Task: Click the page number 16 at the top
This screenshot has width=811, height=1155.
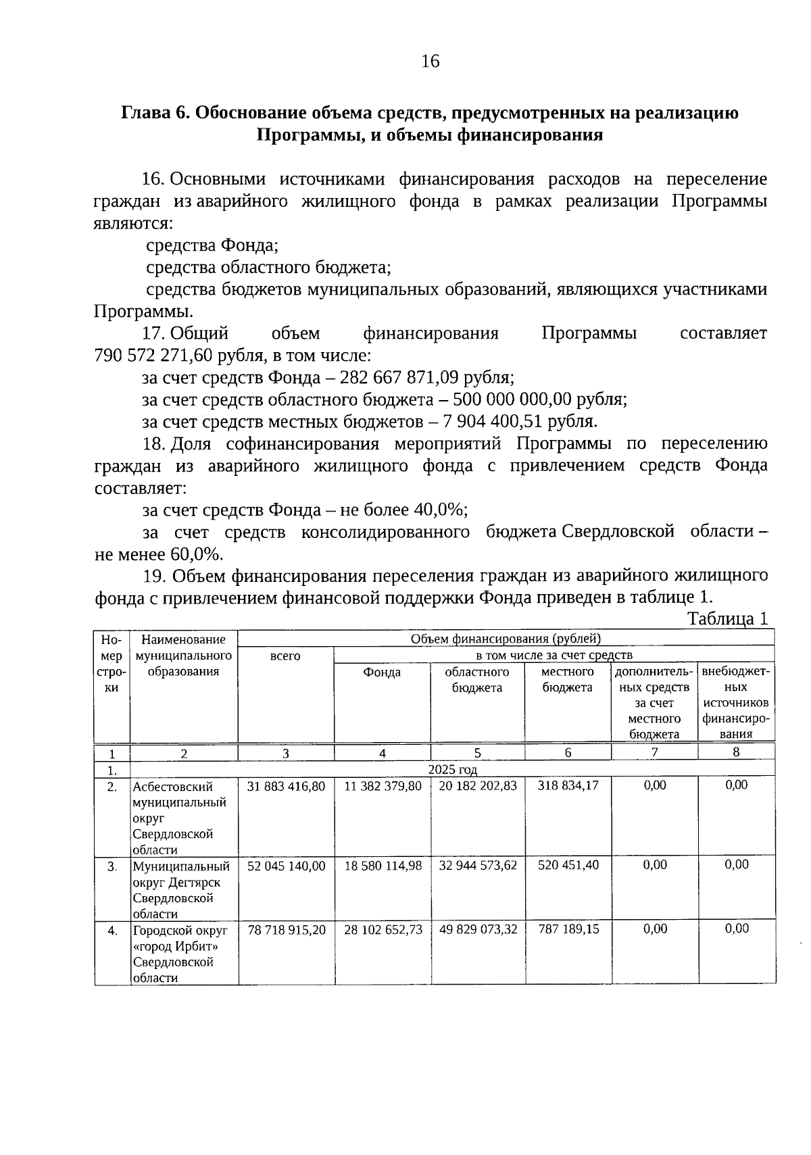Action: pos(430,62)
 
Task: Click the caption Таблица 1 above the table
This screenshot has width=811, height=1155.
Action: pos(727,618)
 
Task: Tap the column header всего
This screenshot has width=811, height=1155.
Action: pos(285,656)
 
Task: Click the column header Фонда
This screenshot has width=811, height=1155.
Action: pos(382,672)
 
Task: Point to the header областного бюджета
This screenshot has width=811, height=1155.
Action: pos(477,679)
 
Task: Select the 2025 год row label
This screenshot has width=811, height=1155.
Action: pos(452,769)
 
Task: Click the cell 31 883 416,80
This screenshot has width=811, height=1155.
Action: pos(286,787)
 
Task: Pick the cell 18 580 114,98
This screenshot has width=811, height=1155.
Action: pos(383,866)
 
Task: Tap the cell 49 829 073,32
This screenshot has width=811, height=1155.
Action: pos(478,929)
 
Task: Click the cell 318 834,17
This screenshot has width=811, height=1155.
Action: pos(568,786)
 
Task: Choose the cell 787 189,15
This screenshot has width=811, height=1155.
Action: pos(568,929)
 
